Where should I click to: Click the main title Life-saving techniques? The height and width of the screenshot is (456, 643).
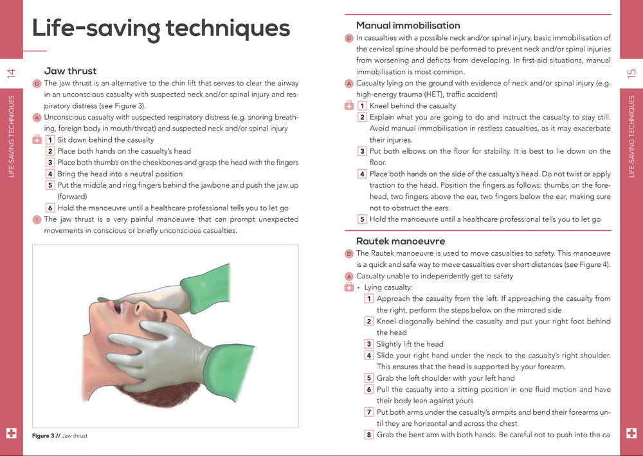[161, 29]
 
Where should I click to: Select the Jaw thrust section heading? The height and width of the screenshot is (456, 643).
[70, 71]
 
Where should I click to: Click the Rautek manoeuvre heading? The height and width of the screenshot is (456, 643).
[401, 241]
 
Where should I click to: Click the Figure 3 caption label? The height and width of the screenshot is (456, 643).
[46, 436]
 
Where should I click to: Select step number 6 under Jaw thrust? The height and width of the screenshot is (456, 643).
[50, 208]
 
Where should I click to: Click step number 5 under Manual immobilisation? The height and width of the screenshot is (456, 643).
[362, 219]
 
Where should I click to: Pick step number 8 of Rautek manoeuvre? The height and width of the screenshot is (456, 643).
[369, 435]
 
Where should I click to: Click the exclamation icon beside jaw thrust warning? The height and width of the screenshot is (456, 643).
[37, 219]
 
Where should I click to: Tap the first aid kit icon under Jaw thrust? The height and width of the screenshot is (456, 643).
[37, 140]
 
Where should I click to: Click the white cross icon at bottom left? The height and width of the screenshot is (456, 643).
[11, 433]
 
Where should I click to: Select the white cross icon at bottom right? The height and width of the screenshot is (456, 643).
[631, 433]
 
